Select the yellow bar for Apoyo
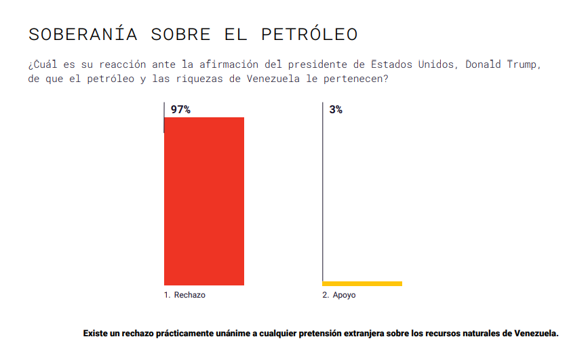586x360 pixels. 362,283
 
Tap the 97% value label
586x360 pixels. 180,109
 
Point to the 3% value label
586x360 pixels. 336,109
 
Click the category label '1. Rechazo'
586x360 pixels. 184,296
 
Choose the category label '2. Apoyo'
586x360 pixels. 338,296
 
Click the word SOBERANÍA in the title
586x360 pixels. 83,34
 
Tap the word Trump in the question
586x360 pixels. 524,64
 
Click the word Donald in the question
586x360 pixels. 483,64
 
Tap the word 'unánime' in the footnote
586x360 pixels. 233,334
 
